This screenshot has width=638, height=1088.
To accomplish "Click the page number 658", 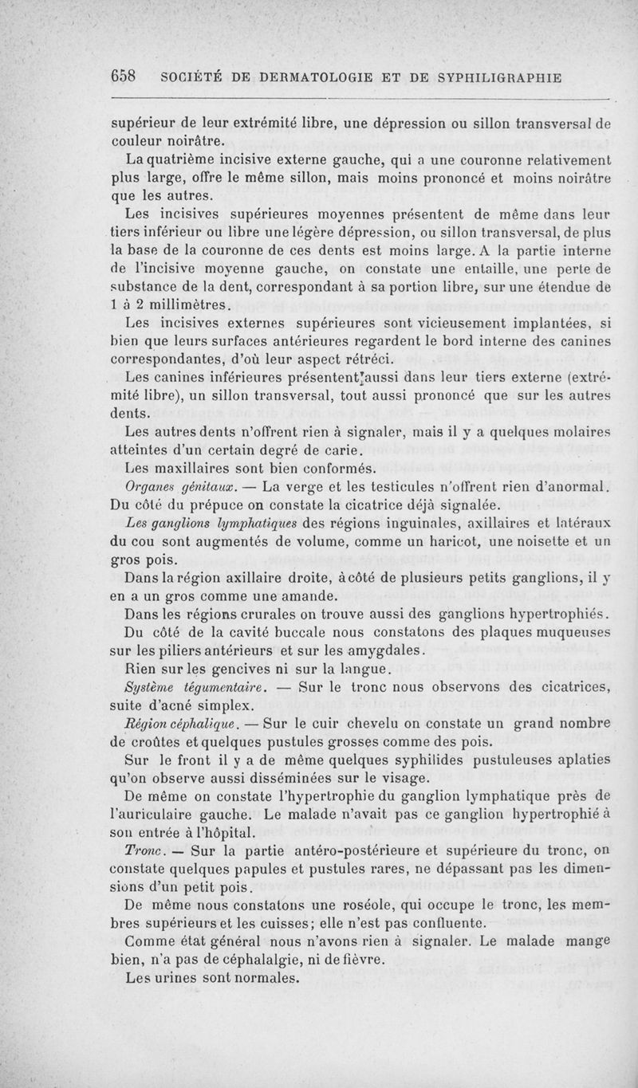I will (x=124, y=77).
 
